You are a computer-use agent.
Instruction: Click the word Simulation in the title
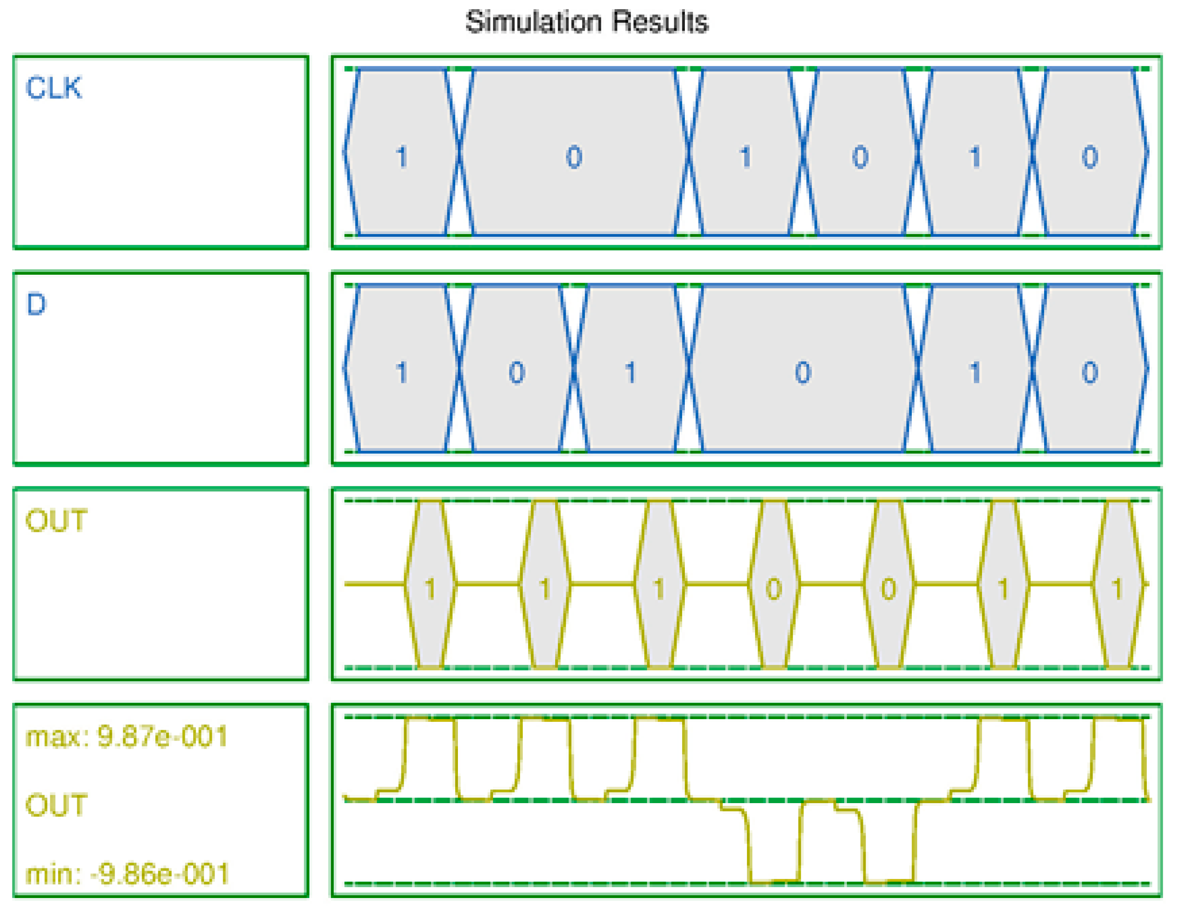(x=534, y=23)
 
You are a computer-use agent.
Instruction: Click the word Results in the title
(x=660, y=23)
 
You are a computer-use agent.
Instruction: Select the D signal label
(x=37, y=304)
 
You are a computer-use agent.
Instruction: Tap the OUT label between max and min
(x=56, y=805)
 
